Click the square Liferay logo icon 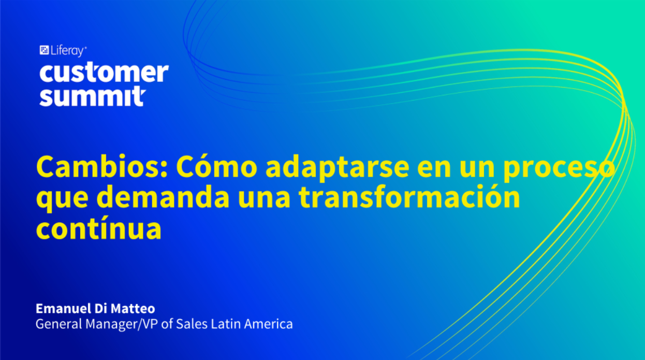tap(44, 50)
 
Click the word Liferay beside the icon tap(68, 51)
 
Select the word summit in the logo tap(93, 96)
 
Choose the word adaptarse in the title tap(337, 169)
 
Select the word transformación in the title tap(409, 196)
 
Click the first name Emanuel tap(63, 308)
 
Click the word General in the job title tap(58, 324)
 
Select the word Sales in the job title tap(192, 324)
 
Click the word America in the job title tap(268, 324)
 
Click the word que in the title tap(62, 199)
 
